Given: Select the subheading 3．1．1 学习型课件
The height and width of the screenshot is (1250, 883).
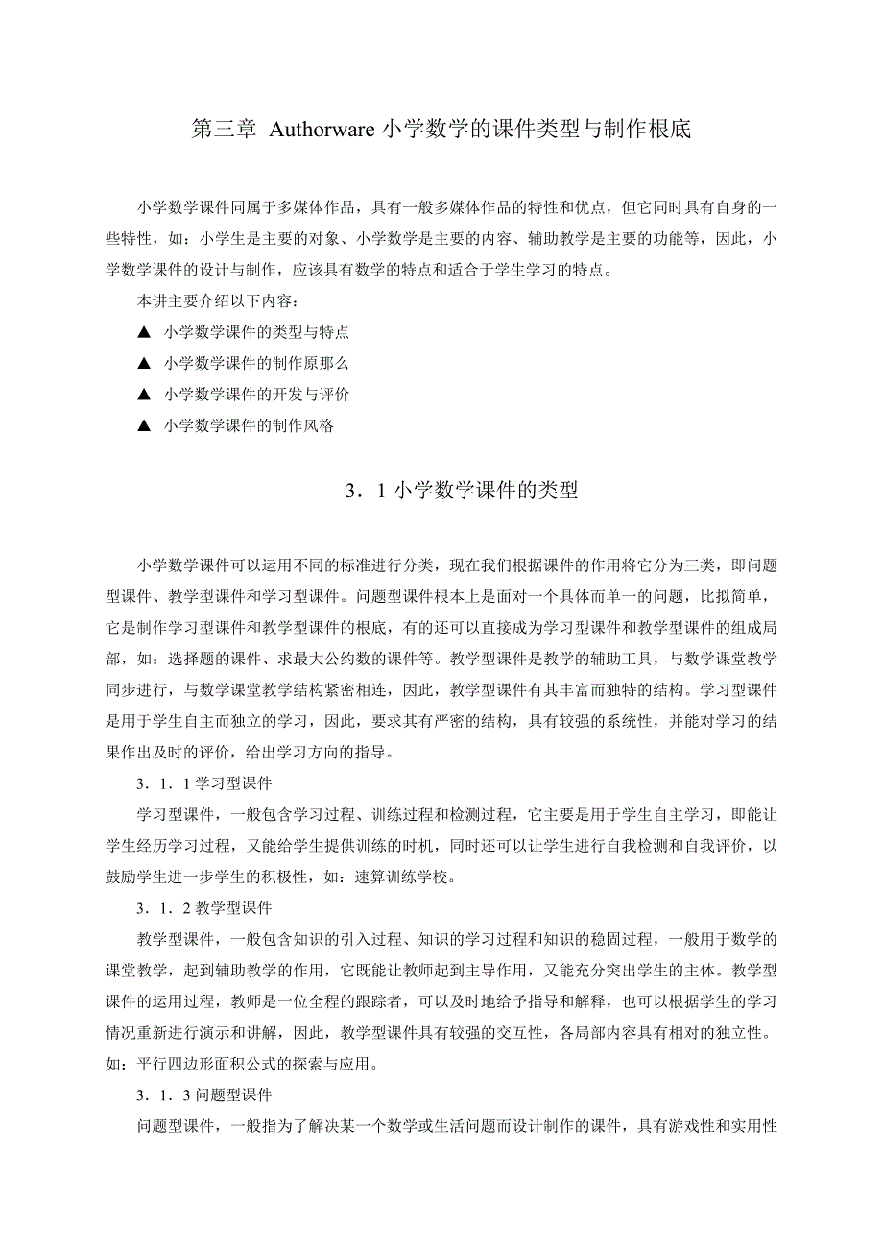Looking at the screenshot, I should (x=203, y=783).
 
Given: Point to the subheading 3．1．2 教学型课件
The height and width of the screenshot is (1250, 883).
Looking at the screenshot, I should (x=203, y=907).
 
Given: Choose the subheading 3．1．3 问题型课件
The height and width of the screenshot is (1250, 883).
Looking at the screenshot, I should (x=203, y=1094).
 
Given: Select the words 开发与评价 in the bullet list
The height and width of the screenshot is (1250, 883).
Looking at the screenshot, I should (x=312, y=395).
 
